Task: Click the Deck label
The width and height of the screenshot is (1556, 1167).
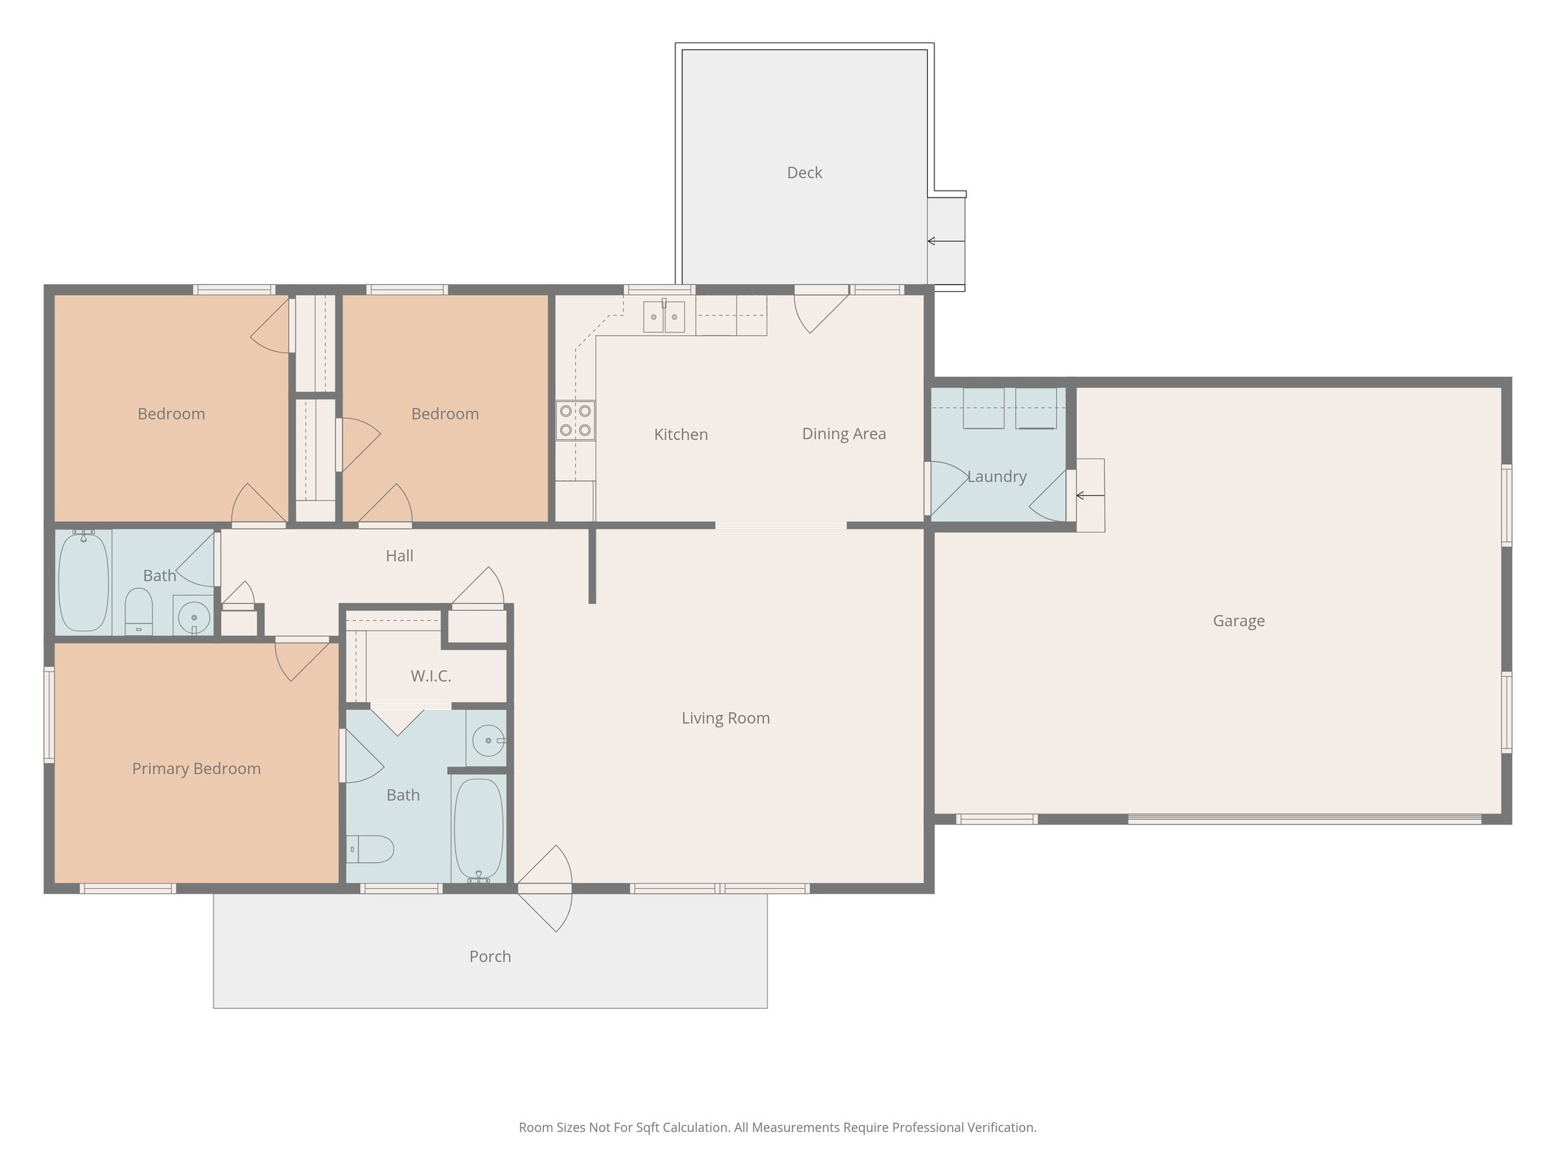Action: tap(804, 172)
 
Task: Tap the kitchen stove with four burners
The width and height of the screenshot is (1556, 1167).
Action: tap(575, 421)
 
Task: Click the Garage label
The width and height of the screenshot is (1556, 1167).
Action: tap(1238, 621)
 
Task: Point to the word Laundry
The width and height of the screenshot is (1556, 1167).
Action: tap(996, 476)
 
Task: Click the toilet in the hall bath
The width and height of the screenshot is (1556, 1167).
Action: tap(138, 611)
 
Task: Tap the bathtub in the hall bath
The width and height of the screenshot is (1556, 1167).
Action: tap(84, 582)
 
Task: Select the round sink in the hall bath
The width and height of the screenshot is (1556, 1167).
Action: tap(194, 616)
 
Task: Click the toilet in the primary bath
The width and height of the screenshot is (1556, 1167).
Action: tap(371, 849)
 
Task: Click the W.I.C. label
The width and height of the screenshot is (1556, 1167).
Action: tap(431, 675)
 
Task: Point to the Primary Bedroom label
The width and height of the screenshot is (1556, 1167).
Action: tap(196, 768)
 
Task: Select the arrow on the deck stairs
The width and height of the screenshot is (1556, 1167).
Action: tap(945, 242)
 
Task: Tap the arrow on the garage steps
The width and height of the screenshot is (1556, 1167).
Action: tap(1090, 496)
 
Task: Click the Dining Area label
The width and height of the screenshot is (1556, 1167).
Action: tap(843, 434)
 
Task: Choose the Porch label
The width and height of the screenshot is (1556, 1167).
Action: tap(489, 957)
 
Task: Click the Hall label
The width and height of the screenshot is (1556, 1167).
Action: tap(399, 556)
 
